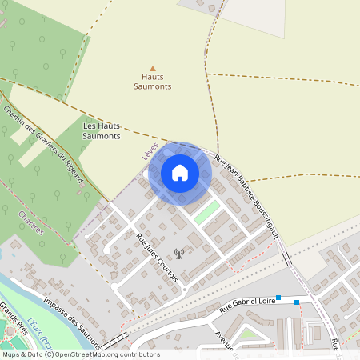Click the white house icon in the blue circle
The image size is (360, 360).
(180, 173)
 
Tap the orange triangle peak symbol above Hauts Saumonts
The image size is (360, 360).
(152, 68)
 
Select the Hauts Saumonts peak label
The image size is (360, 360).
(152, 81)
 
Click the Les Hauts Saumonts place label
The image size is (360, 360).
(102, 131)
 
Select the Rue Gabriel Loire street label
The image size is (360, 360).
(246, 304)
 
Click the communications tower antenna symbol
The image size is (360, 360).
(178, 255)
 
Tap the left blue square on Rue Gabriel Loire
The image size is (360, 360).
(278, 298)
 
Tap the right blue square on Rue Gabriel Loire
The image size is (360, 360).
(297, 302)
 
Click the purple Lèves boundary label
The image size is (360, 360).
(148, 148)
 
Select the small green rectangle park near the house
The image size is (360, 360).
(206, 212)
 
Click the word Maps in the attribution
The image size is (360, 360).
(12, 354)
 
